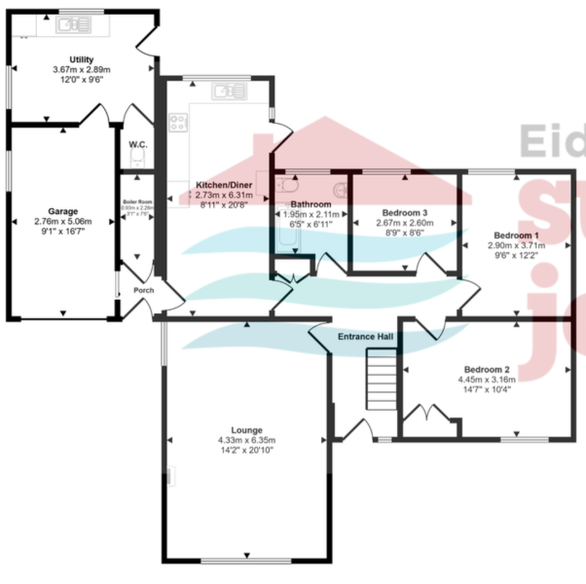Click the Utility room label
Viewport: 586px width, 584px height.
pyautogui.click(x=81, y=60)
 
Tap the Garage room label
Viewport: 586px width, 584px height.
pyautogui.click(x=62, y=211)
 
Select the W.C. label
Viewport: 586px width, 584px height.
pyautogui.click(x=137, y=145)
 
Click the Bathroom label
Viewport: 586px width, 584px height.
pyautogui.click(x=311, y=203)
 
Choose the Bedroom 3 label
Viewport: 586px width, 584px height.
pyautogui.click(x=404, y=212)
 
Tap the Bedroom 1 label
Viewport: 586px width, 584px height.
pyautogui.click(x=515, y=236)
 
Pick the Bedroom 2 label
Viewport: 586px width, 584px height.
pyautogui.click(x=486, y=370)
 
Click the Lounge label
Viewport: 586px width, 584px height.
pyautogui.click(x=246, y=429)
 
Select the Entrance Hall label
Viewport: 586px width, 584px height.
pyautogui.click(x=365, y=337)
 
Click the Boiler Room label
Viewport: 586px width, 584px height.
pyautogui.click(x=137, y=201)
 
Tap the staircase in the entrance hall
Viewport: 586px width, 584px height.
pyautogui.click(x=381, y=381)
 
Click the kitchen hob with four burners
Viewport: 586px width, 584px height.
pyautogui.click(x=179, y=123)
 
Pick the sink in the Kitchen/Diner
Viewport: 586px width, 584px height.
pyautogui.click(x=233, y=91)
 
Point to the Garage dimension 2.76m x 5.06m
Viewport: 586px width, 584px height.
pyautogui.click(x=62, y=222)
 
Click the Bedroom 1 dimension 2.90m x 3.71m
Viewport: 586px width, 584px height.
pyautogui.click(x=515, y=246)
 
